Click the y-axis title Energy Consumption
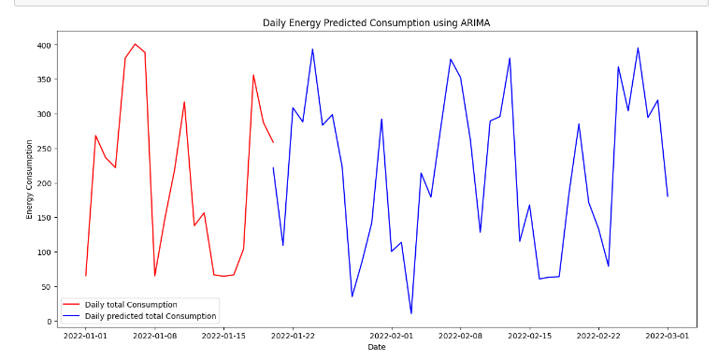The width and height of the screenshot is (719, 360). pos(29,180)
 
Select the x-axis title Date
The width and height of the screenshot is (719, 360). pos(376,348)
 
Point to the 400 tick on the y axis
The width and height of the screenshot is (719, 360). pos(43,45)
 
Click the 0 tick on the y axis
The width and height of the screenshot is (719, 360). pos(49,321)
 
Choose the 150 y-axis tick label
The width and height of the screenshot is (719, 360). pos(43,218)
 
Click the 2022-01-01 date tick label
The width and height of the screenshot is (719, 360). pos(85,335)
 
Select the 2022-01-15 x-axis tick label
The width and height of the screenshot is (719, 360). pos(223,335)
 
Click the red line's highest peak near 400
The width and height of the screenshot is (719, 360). pos(135,44)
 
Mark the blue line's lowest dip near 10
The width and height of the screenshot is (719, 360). pos(411,313)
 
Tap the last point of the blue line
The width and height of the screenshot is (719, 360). pos(668,196)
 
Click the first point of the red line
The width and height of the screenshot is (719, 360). pos(85,276)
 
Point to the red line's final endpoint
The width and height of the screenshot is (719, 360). pos(273,143)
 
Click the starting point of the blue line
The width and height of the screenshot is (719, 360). pos(273,168)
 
